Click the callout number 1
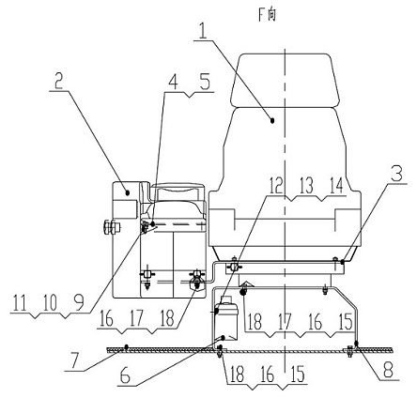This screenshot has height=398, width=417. coord(203,31)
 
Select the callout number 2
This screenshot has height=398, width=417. coord(58,81)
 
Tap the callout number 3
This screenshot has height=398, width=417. coord(397,174)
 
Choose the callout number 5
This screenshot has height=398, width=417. coord(205,82)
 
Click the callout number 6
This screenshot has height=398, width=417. coord(125,376)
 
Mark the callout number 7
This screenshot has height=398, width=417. coord(72,360)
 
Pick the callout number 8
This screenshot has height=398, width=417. coord(388,370)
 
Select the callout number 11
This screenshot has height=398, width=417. coord(20,303)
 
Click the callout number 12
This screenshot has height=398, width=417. coord(275,185)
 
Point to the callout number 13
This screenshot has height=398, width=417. coord(306,185)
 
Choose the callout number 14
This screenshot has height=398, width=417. coord(335,185)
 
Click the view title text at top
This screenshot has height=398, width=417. coord(267,14)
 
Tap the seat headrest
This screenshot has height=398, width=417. coord(285,81)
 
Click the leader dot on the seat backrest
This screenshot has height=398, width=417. coord(272,120)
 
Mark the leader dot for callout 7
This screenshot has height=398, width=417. coord(126,346)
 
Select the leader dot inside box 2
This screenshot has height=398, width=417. coord(128,193)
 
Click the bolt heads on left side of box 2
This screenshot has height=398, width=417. coord(112,227)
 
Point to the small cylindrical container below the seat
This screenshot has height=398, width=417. coord(225,319)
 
